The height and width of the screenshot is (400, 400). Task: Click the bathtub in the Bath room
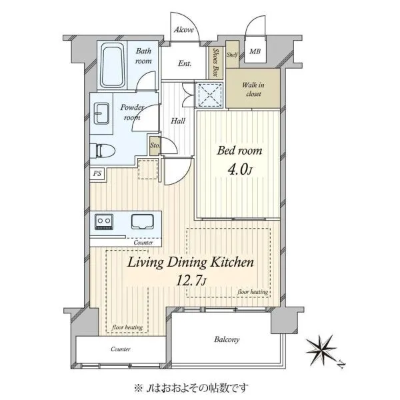(x=113, y=65)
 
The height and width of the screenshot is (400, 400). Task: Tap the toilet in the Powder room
(x=103, y=151)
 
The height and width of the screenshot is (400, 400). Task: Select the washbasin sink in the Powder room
(x=101, y=113)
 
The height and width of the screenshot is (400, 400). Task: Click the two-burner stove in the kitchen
(x=104, y=221)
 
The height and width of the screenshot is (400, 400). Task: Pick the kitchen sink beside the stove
(x=143, y=222)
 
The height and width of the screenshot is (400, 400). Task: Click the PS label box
(x=97, y=174)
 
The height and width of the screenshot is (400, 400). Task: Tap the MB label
(x=255, y=51)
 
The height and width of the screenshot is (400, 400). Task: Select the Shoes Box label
(x=216, y=63)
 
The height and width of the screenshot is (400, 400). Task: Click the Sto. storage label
(x=155, y=145)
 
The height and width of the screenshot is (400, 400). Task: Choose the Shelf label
(x=232, y=55)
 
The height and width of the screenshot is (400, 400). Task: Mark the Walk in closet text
(x=253, y=89)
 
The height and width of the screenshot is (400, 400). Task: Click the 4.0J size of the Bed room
(x=240, y=169)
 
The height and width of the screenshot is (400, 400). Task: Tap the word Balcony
(x=227, y=339)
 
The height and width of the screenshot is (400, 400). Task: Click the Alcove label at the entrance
(x=184, y=30)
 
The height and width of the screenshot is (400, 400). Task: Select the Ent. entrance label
(x=185, y=63)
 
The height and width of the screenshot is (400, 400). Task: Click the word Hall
(x=178, y=121)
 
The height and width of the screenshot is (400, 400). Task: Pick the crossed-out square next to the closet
(x=209, y=95)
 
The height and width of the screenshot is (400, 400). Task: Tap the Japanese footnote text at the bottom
(x=191, y=388)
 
